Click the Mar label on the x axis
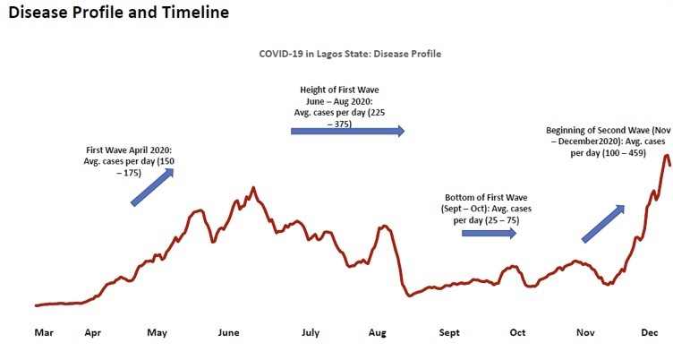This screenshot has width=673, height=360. coord(44,333)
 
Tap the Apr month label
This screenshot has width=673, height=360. coord(93,333)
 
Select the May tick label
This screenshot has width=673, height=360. coord(158,333)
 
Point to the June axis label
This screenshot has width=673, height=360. coord(229,333)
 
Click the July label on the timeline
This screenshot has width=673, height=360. coord(310,333)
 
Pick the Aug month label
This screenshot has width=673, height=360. coord(378,333)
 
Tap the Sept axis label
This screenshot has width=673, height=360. coord(449,333)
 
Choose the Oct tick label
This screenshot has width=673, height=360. coord(518,333)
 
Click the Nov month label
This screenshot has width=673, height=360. coord(585,333)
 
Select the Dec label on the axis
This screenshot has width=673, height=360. coord(651,333)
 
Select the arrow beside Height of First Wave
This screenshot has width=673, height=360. coord(347,131)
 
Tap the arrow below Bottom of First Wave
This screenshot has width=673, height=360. coord(489,233)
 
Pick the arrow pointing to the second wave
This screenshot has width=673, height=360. coord(603,223)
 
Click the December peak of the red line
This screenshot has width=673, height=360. coord(666,156)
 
